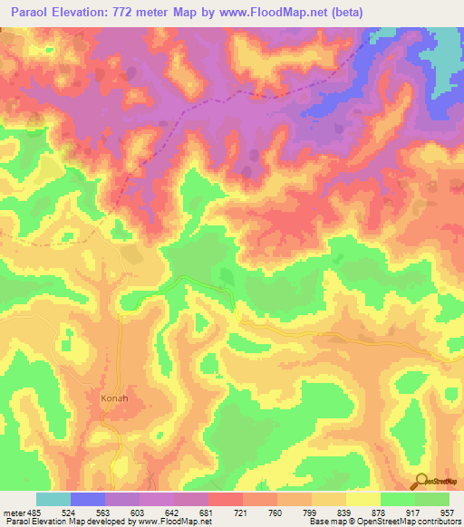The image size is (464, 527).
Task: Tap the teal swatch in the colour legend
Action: pyautogui.click(x=53, y=499)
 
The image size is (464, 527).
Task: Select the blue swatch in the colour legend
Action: pyautogui.click(x=88, y=499)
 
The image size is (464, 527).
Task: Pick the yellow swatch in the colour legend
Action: pyautogui.click(x=363, y=499)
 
